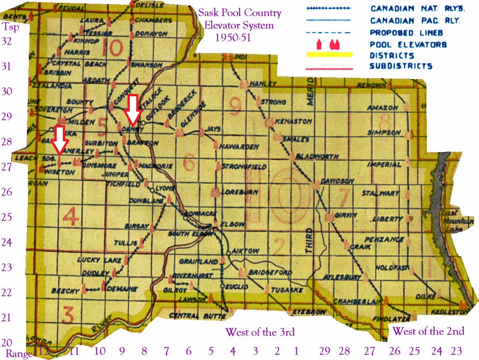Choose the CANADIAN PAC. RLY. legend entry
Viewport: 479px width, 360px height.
click(415, 20)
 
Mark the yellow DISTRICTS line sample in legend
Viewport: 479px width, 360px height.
click(329, 55)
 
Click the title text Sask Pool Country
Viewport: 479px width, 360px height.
click(240, 13)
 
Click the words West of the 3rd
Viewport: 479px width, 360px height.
click(260, 332)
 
